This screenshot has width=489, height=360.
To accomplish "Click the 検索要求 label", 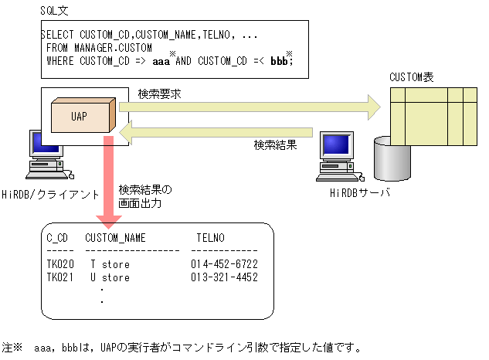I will [160, 94].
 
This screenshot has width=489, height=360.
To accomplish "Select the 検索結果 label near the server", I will [275, 144].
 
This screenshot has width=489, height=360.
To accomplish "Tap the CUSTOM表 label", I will [412, 77].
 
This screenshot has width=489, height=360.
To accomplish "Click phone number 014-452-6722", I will [224, 264].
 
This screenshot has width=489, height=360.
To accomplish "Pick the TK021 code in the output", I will [60, 277].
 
